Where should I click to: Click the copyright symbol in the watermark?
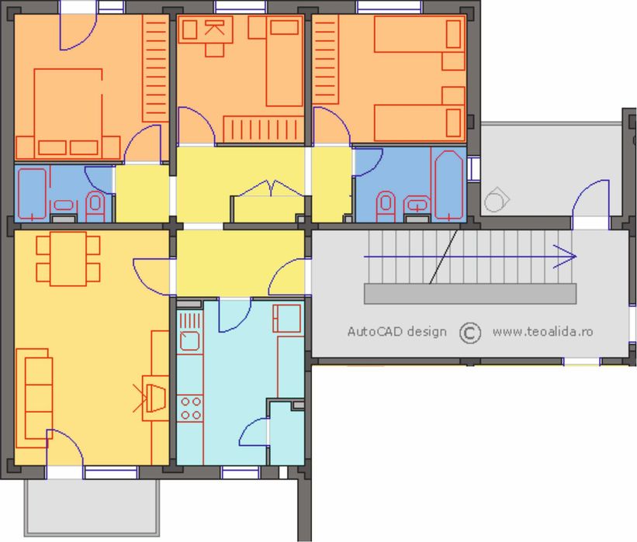coord(470,333)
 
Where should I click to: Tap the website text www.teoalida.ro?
coord(543,332)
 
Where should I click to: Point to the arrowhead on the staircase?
coord(566,257)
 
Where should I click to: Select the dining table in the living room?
coord(68,259)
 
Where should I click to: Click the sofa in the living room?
coord(34,398)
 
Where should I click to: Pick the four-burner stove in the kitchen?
coord(191,408)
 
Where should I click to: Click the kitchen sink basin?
coord(190,341)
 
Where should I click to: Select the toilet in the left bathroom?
coord(95,205)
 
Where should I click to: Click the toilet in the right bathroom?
coord(386,206)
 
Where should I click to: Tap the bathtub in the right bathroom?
coord(449,185)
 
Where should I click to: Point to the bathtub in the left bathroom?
coord(32,194)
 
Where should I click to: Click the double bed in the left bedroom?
coord(68,114)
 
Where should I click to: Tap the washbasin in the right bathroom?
coord(417,205)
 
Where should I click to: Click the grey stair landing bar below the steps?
coord(470,294)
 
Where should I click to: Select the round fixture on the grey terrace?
coord(496,200)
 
